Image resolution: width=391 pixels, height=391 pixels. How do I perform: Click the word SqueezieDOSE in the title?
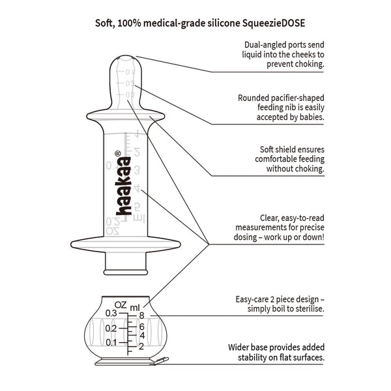(x=270, y=20)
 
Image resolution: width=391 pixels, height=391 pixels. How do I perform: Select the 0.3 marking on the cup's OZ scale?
(x=110, y=314)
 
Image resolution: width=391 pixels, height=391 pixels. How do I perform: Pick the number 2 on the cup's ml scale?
(x=141, y=345)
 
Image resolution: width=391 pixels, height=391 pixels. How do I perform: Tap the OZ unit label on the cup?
(x=120, y=304)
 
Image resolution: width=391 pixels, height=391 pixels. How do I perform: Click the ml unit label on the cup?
(x=135, y=306)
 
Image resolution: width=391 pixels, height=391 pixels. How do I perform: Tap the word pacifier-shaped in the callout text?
(x=293, y=98)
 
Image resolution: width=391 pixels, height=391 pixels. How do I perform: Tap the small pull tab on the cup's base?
(x=163, y=359)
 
